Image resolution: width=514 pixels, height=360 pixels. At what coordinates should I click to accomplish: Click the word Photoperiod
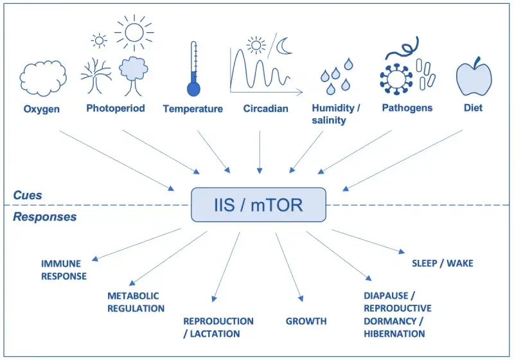click(116, 108)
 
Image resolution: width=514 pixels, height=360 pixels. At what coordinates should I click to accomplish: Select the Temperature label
click(193, 109)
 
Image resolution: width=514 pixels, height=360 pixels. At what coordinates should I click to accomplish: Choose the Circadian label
click(265, 109)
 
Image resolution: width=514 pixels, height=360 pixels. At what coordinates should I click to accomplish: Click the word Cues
click(28, 195)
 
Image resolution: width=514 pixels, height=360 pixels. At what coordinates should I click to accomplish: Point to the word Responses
click(44, 217)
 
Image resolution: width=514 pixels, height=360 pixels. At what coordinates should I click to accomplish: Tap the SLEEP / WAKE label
click(442, 263)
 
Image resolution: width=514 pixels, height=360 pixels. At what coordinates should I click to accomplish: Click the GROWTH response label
click(306, 321)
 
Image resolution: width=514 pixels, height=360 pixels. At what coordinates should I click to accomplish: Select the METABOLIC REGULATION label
click(136, 302)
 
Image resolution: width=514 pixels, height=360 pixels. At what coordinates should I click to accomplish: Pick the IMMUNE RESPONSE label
click(64, 270)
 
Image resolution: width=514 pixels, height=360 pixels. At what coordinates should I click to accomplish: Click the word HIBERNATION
click(394, 334)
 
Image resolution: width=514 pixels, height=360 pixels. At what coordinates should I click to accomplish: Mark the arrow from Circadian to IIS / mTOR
click(259, 151)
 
